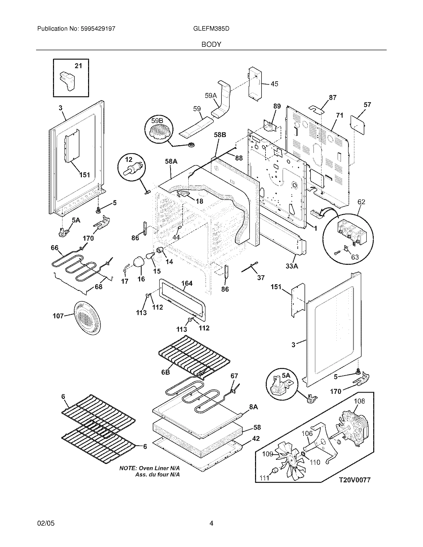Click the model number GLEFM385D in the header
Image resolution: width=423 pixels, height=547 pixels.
point(211,29)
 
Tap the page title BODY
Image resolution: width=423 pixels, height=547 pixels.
point(211,44)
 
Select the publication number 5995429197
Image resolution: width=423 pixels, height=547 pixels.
point(98,29)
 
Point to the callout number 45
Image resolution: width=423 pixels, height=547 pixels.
point(274,84)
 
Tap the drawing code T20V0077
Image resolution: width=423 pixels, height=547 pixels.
point(355,480)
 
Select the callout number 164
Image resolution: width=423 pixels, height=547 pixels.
point(187,283)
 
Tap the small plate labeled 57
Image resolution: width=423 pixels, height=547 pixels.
point(358,125)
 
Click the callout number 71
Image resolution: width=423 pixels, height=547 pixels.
point(340,115)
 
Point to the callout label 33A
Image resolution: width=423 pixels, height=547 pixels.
point(292,266)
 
